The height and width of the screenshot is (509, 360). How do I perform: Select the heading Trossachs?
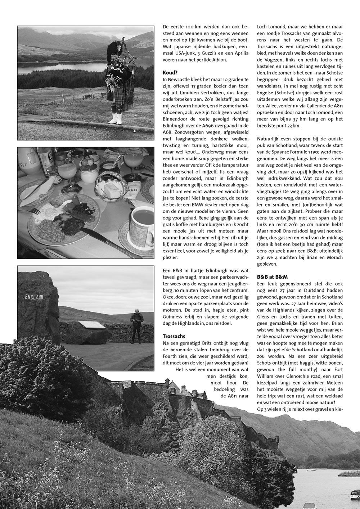coord(174,336)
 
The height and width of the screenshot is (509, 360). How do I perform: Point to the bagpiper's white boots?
coord(115,118)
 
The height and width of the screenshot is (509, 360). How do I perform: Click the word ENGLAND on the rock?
coord(34,297)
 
